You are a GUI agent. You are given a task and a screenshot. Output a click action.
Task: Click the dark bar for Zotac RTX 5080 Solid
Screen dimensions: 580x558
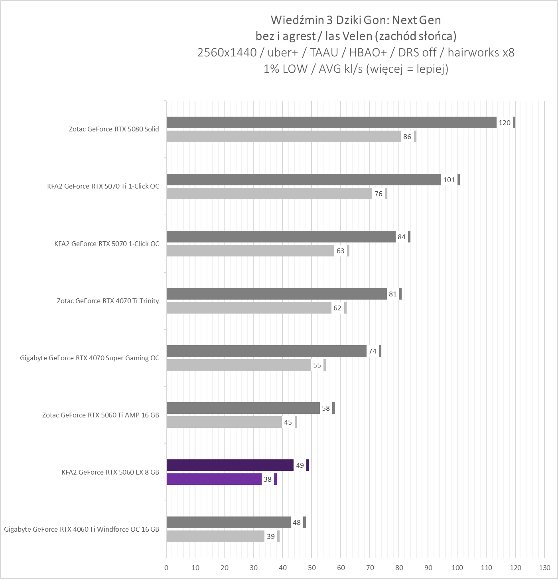331,123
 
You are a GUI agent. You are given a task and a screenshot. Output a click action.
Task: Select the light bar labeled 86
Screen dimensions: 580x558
283,137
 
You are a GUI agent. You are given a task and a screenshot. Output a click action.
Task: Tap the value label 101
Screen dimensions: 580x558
449,180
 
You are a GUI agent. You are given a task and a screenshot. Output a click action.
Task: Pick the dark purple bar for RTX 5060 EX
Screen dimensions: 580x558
230,465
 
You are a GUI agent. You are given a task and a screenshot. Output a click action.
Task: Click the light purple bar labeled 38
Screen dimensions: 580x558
214,479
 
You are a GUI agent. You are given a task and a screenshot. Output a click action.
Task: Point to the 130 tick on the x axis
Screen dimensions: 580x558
544,568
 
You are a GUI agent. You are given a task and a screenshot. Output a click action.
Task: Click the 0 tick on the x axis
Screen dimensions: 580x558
166,568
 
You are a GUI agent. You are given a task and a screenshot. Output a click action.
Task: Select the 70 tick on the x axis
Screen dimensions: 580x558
370,568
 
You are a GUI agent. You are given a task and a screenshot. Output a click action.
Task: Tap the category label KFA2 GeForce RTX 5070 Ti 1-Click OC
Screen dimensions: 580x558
103,186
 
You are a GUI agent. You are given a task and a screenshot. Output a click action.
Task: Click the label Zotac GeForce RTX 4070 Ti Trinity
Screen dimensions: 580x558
108,301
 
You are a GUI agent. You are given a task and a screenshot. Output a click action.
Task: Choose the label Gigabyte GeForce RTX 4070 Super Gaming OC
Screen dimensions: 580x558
89,358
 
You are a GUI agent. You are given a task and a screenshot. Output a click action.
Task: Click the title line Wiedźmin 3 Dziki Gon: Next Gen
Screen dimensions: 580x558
356,20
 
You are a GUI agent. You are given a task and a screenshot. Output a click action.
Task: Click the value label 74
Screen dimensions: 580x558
373,351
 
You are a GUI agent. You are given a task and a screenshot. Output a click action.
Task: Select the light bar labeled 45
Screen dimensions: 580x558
224,422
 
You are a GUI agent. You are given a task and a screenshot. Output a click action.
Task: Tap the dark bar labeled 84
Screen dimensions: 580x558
281,237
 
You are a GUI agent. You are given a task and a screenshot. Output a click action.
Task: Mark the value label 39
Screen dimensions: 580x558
271,536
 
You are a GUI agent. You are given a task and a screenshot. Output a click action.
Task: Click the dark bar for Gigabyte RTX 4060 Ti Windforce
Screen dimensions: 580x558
228,522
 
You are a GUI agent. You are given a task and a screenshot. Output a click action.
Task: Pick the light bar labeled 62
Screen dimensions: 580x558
249,308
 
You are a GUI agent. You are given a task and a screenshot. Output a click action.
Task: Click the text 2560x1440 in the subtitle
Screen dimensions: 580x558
227,52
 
